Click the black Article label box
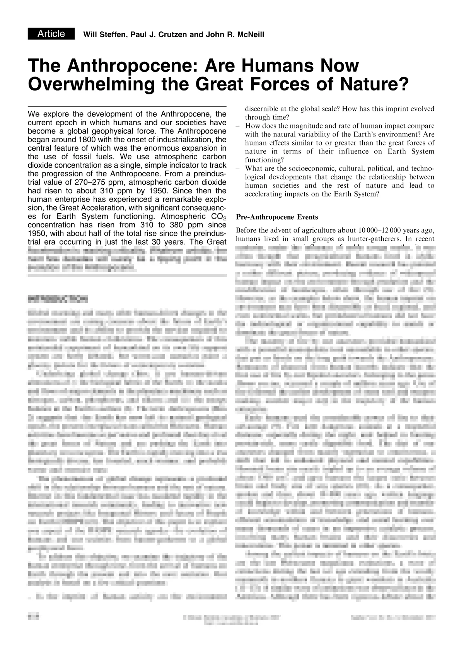point(51,34)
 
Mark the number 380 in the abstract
point(167,225)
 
